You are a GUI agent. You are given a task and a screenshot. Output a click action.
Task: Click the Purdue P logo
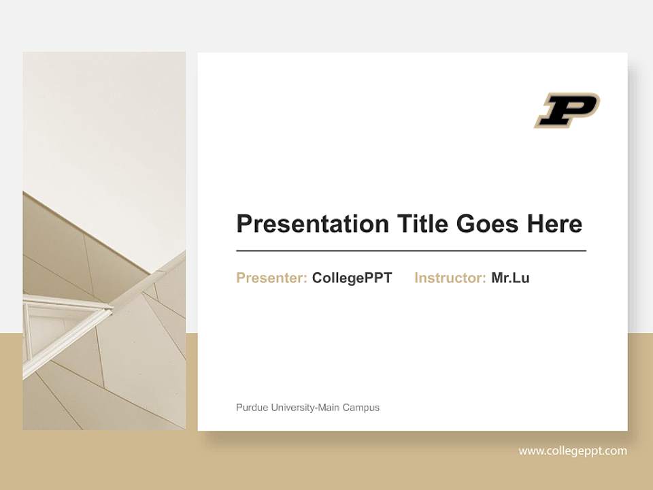point(566,110)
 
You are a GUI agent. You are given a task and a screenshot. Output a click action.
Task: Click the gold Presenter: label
point(271,278)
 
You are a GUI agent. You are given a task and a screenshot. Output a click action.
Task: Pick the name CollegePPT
point(352,278)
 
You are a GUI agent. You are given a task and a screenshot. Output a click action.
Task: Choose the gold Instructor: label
point(450,278)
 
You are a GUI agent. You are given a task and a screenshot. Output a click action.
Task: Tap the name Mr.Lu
point(510,278)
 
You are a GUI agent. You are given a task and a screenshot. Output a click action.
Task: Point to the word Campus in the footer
point(361,408)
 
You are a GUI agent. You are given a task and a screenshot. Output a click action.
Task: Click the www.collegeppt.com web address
point(573,451)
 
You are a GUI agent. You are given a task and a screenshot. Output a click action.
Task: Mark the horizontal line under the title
point(411,251)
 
